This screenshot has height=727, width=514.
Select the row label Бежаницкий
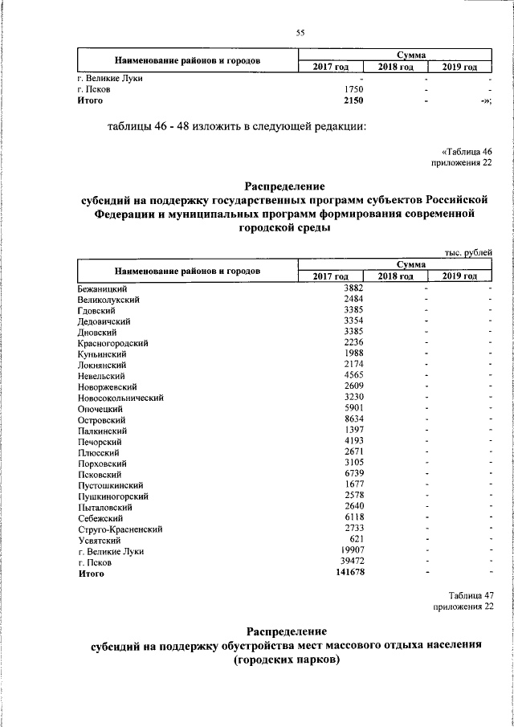[x=103, y=288]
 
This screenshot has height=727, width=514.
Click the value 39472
[x=351, y=563]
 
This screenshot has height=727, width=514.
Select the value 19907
[x=351, y=552]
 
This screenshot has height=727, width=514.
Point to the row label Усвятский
[x=99, y=541]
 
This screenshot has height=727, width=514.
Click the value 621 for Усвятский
[x=357, y=541]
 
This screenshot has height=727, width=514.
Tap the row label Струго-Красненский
[x=120, y=529]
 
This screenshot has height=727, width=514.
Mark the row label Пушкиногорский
[x=112, y=496]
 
